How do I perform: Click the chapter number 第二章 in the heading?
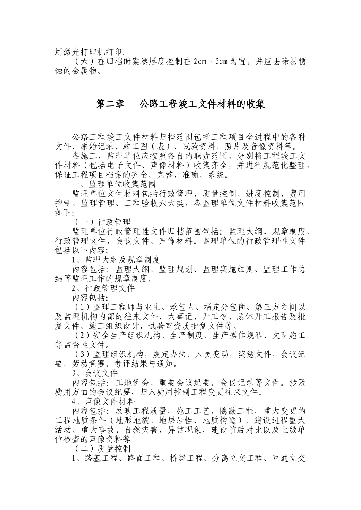coord(110,104)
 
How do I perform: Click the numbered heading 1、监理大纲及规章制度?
coord(116,260)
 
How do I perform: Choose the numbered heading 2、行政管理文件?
coord(103,288)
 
